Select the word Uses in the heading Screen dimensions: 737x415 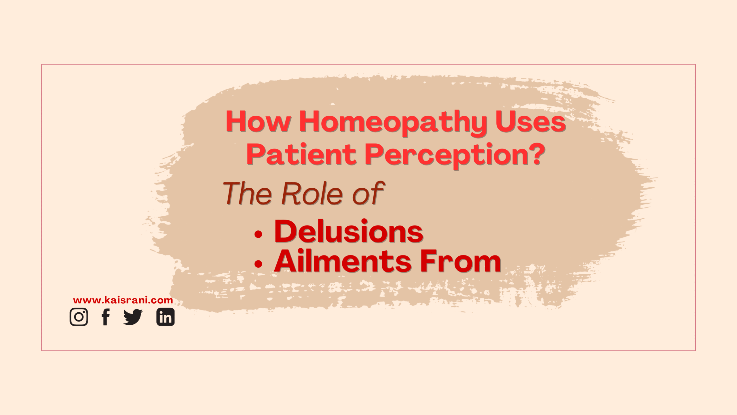coord(531,121)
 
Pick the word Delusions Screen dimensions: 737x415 coord(349,231)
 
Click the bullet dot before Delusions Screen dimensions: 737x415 coord(258,234)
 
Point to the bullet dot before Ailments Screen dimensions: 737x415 coord(258,264)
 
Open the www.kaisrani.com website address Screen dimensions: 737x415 coord(123,300)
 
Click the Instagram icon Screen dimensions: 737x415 coord(79,317)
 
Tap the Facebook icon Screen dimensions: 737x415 coord(106,317)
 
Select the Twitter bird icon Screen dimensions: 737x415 coord(133,317)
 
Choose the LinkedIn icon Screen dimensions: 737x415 coord(165,317)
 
